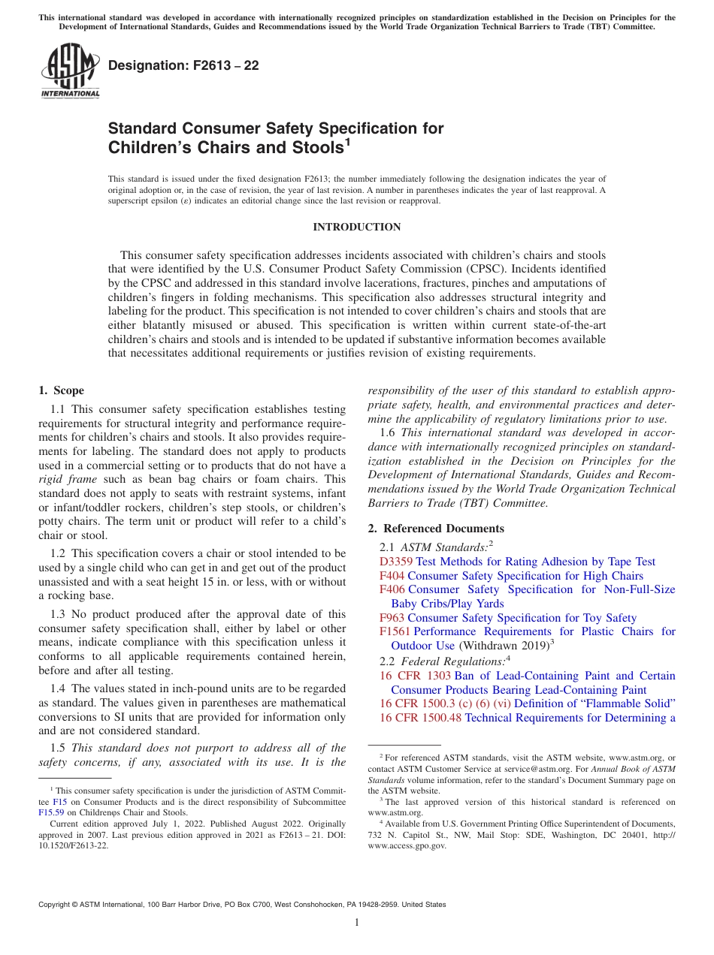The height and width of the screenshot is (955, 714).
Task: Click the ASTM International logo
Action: (70, 71)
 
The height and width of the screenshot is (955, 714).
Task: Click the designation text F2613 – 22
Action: (183, 65)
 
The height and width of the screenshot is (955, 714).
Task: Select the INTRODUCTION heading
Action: (356, 227)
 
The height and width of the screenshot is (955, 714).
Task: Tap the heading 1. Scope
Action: (62, 390)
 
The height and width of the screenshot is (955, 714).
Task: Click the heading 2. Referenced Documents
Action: (436, 529)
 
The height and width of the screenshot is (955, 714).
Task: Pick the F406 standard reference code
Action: (392, 589)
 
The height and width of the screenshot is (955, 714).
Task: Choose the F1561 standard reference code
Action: (395, 631)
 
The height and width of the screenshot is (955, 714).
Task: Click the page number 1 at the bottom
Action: (357, 923)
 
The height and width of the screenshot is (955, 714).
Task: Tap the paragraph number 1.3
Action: (58, 614)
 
